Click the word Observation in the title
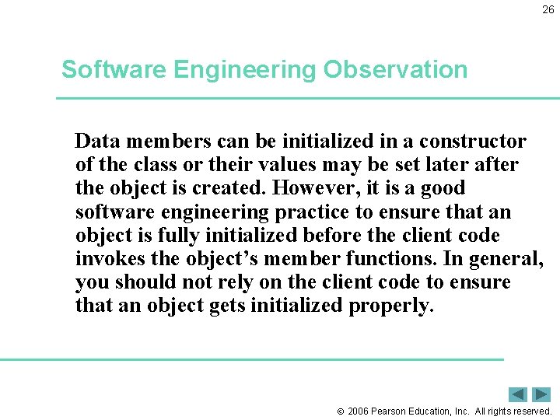[x=396, y=70]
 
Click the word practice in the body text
[x=305, y=212]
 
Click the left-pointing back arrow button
[x=518, y=394]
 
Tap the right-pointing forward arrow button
[x=541, y=394]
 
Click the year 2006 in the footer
[x=358, y=411]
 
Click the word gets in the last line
[x=228, y=306]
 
